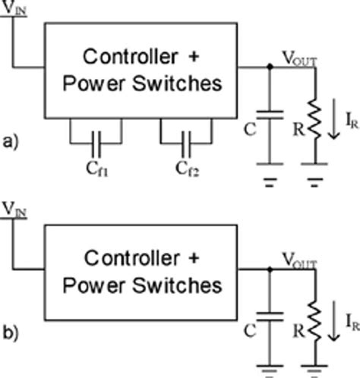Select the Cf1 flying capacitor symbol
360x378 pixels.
point(96,140)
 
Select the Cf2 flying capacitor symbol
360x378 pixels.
point(186,140)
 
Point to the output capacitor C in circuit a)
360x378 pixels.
point(269,116)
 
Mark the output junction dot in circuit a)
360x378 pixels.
point(269,67)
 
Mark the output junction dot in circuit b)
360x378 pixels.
point(269,269)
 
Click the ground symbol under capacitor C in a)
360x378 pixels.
point(269,183)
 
